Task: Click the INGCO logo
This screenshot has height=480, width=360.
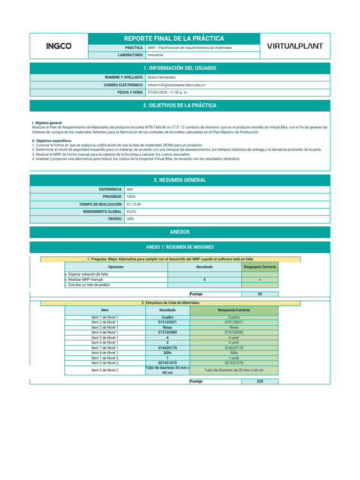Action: (x=59, y=46)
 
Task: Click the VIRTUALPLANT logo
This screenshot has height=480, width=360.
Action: (x=294, y=46)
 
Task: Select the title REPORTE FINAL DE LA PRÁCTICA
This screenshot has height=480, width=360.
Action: (x=173, y=38)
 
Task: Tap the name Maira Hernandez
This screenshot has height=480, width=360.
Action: (x=162, y=77)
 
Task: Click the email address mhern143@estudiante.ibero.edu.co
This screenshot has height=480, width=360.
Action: (x=176, y=85)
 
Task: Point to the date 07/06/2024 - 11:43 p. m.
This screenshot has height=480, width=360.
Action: (x=167, y=92)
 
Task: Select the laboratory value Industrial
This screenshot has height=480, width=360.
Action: (x=156, y=55)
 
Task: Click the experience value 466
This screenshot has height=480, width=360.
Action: (x=130, y=189)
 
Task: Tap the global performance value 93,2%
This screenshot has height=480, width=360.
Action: (x=132, y=212)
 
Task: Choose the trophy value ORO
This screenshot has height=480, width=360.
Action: (x=131, y=219)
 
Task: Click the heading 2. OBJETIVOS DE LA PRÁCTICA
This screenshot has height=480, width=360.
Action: (x=180, y=105)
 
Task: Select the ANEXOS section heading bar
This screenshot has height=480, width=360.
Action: (x=180, y=232)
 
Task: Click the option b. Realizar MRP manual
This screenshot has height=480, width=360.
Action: (x=85, y=279)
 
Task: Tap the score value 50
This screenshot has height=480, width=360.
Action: (x=260, y=294)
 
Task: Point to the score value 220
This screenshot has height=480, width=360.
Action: (x=260, y=381)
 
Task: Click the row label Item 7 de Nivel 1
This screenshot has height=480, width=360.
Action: (x=105, y=348)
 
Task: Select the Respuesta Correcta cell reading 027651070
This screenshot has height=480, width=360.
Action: (x=240, y=363)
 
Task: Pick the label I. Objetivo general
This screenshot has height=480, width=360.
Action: (x=47, y=123)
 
